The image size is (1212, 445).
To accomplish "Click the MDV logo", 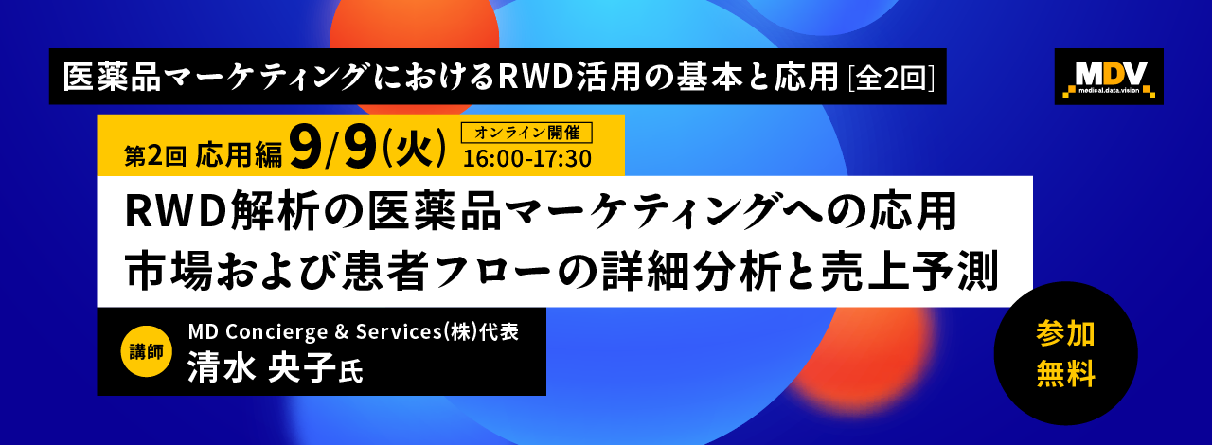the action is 1109,77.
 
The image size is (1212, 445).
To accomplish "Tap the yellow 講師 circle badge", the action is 146,351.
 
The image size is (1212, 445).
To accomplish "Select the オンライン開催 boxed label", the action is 526,133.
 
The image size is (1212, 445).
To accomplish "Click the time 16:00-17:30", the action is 527,159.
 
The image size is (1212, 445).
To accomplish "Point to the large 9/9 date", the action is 332,146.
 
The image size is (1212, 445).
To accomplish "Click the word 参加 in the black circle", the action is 1065,333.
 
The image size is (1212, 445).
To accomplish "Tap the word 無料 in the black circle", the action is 1065,374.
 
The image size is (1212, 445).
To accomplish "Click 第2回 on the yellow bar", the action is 155,156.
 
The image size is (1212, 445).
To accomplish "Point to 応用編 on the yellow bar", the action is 240,155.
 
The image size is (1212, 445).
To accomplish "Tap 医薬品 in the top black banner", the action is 112,78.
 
